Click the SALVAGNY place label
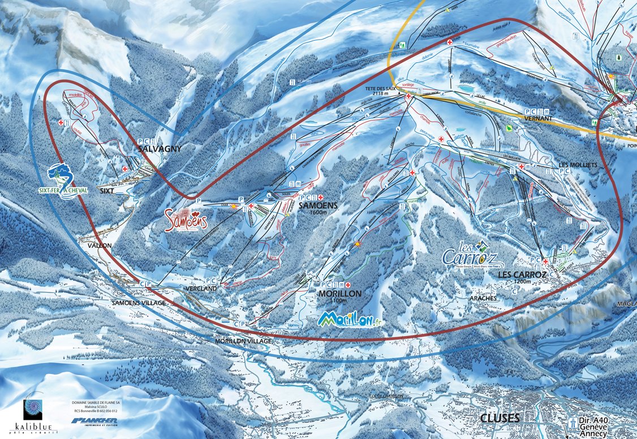[160, 148]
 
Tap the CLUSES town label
[499, 418]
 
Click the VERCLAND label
[201, 289]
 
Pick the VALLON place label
[99, 246]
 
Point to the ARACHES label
[483, 298]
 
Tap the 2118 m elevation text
[387, 95]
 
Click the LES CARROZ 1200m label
[522, 276]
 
